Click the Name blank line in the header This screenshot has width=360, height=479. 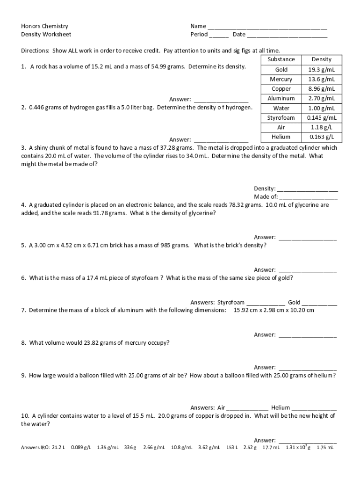[267, 28]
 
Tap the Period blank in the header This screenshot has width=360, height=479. [219, 36]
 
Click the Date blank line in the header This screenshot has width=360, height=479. [287, 36]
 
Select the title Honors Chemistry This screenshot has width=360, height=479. [44, 26]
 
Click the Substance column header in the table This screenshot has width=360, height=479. [281, 59]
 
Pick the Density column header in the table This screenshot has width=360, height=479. [321, 59]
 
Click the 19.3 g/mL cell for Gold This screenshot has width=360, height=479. [321, 70]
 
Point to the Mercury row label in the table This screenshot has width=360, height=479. [281, 80]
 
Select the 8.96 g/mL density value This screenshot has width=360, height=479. [321, 89]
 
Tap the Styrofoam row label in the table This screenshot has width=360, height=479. [281, 118]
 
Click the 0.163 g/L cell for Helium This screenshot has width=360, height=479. [321, 137]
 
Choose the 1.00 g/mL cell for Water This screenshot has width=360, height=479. [321, 108]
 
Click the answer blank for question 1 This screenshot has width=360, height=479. [221, 100]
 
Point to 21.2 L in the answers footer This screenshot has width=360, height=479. [58, 448]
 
